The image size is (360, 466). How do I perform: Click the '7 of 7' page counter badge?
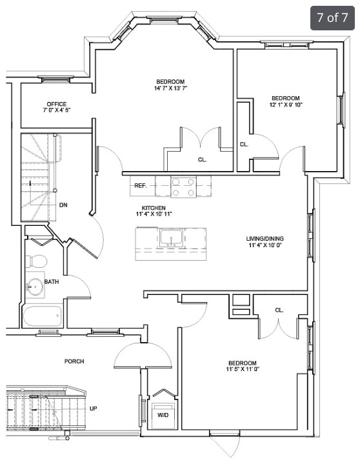click(332, 18)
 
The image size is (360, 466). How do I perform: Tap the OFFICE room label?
click(56, 104)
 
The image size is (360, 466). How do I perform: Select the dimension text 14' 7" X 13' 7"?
click(170, 88)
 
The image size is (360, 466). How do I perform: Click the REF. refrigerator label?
click(141, 186)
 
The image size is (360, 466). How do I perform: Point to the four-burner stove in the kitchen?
click(183, 187)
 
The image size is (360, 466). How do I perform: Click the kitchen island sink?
click(172, 238)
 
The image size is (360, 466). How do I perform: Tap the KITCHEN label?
click(154, 208)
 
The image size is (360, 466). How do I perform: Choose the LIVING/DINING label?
click(265, 238)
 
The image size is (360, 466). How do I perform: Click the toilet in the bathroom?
click(36, 261)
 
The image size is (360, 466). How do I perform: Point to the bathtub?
click(42, 316)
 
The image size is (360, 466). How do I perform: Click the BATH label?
click(52, 282)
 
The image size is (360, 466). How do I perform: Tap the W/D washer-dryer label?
click(163, 415)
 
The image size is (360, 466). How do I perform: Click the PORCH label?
click(74, 361)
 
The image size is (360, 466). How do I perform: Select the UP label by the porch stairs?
click(94, 409)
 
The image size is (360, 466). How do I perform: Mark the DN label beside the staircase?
click(63, 205)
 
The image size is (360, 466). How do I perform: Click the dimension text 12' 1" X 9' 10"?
click(286, 105)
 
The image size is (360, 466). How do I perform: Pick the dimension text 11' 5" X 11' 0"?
click(243, 369)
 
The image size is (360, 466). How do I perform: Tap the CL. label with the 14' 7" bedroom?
click(203, 160)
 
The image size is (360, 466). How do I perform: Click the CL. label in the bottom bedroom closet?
click(279, 310)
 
